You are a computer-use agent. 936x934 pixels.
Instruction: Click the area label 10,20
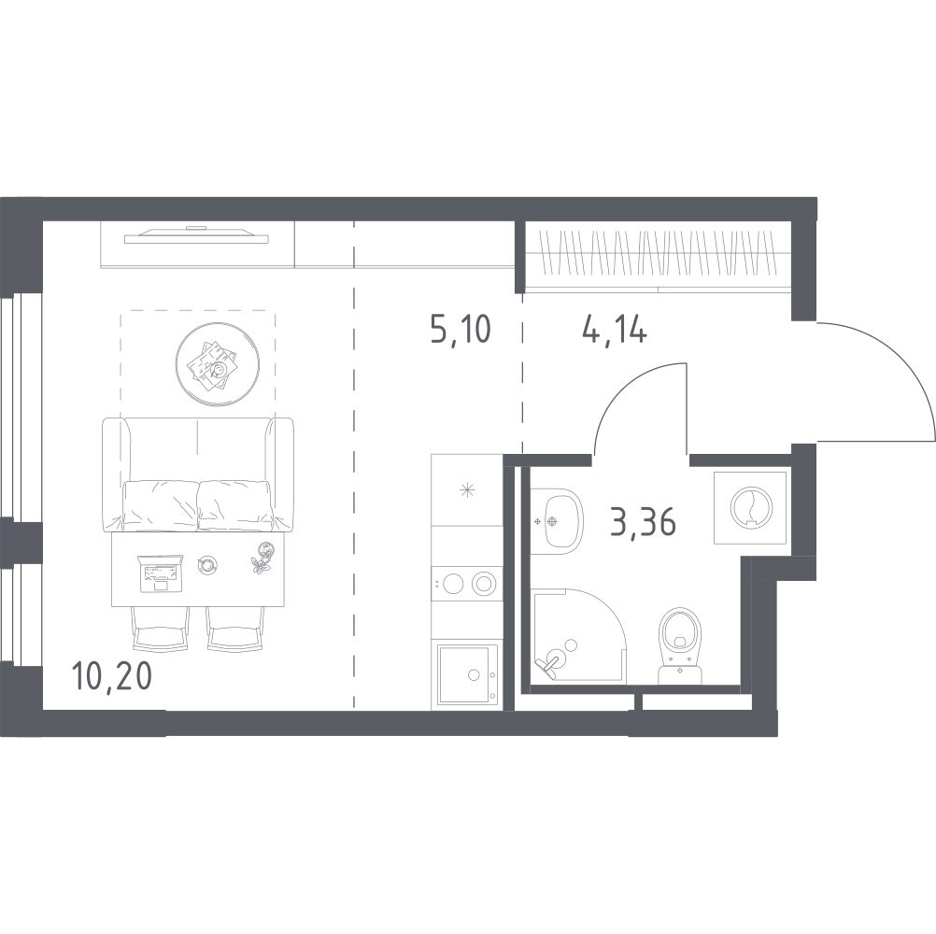(x=111, y=676)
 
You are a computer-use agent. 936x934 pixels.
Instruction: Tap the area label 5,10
(x=461, y=329)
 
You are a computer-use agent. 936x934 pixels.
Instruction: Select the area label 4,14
(x=615, y=329)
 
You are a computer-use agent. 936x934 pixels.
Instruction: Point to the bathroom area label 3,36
(x=644, y=521)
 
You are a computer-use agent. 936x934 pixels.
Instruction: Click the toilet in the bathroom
(x=679, y=646)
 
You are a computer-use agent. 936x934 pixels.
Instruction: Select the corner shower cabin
(x=578, y=636)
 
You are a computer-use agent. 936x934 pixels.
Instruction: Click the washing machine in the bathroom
(x=751, y=507)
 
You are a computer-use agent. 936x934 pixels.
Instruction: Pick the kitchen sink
(x=467, y=673)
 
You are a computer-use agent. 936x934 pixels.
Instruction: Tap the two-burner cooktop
(x=467, y=584)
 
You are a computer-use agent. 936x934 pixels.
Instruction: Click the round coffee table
(x=218, y=364)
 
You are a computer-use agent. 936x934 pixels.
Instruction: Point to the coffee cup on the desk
(x=207, y=564)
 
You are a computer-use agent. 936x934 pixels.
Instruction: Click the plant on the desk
(x=262, y=558)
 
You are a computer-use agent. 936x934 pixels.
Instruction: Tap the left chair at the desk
(x=160, y=629)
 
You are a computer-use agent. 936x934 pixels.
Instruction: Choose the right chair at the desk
(x=235, y=629)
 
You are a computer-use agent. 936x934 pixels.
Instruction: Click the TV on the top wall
(x=196, y=235)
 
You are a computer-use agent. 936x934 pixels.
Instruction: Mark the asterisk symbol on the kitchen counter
(x=467, y=491)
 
